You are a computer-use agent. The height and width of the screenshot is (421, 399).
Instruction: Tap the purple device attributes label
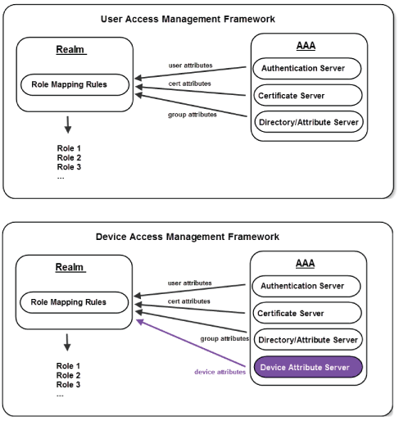219,372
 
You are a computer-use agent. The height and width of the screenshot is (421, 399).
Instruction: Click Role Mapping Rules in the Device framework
68,302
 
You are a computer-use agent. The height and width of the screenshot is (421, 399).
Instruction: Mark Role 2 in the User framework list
69,157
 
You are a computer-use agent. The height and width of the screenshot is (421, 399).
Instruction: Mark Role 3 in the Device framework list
69,384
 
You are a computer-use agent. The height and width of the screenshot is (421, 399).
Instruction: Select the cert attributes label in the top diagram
190,83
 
